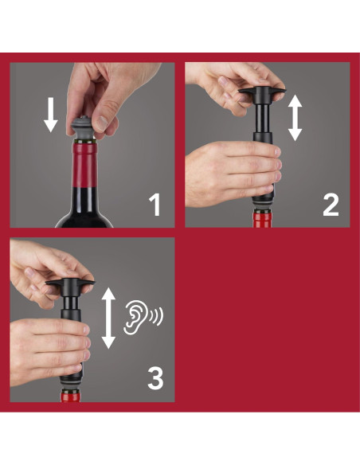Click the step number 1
point(155,205)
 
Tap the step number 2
point(330,205)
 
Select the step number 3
point(155,378)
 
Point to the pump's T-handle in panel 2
point(261,96)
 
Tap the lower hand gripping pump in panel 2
point(225,169)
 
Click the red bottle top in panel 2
point(262,219)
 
